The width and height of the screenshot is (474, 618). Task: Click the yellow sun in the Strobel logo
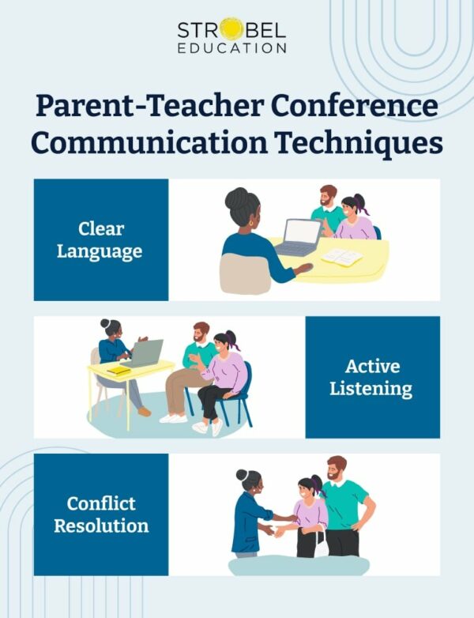coord(231,30)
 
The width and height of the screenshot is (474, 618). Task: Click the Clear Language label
coord(100,240)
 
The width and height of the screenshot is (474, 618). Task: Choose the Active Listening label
coord(372,378)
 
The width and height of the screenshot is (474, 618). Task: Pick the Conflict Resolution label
coord(100,514)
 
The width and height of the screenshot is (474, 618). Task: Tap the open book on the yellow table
coord(341,257)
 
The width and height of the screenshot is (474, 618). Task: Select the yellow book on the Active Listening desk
coord(119,370)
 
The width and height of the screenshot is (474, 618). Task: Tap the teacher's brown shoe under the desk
coord(144,412)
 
